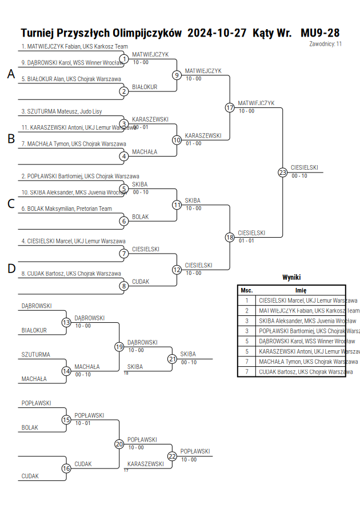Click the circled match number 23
[x=282, y=173]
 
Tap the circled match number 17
[x=230, y=107]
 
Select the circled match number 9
[x=177, y=75]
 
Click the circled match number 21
[x=173, y=359]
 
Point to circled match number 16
[x=66, y=468]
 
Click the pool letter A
[x=11, y=74]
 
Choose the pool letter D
[x=11, y=268]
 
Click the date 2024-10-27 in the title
[x=217, y=33]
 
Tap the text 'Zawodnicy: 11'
[x=325, y=44]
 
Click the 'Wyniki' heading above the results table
[x=291, y=277]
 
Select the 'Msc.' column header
[x=247, y=290]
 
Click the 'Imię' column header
[x=301, y=290]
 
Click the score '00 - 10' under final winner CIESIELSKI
[x=299, y=175]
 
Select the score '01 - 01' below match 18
[x=246, y=241]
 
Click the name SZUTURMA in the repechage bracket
[x=35, y=355]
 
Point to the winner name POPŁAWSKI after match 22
[x=195, y=451]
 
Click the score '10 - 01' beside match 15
[x=83, y=423]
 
